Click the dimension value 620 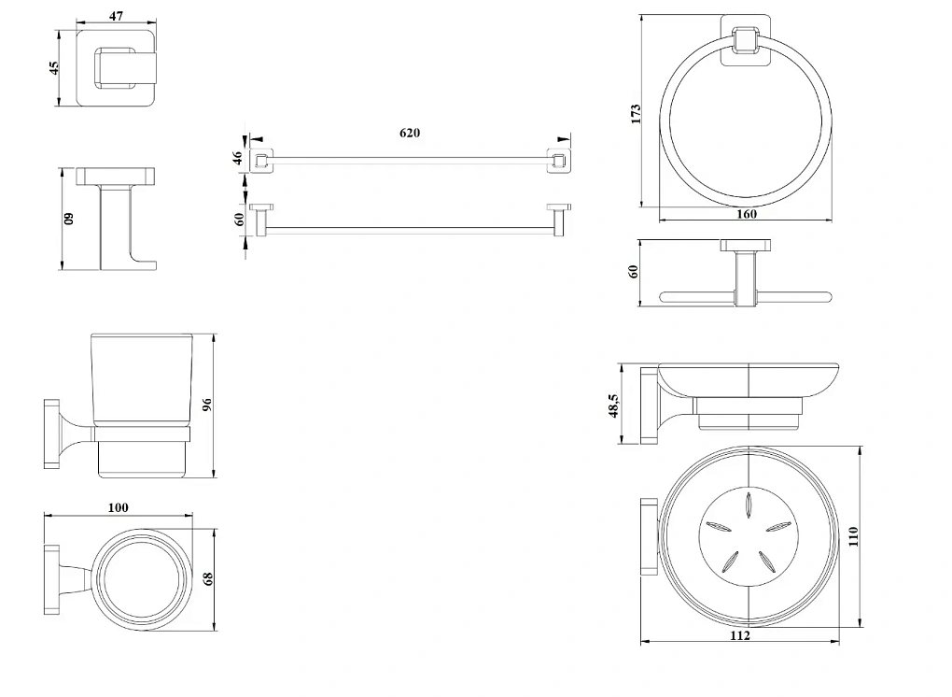coord(410,133)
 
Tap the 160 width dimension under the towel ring coord(747,214)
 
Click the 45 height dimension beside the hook coord(54,67)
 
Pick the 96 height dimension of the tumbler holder coord(208,405)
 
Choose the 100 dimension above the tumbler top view coord(119,507)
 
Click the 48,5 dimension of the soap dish coord(613,406)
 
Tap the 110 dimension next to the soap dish coord(853,535)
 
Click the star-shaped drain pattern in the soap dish coord(749,535)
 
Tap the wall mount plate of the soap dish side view coord(648,405)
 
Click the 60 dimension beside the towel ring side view coord(634,272)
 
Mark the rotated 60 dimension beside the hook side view coord(68,220)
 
